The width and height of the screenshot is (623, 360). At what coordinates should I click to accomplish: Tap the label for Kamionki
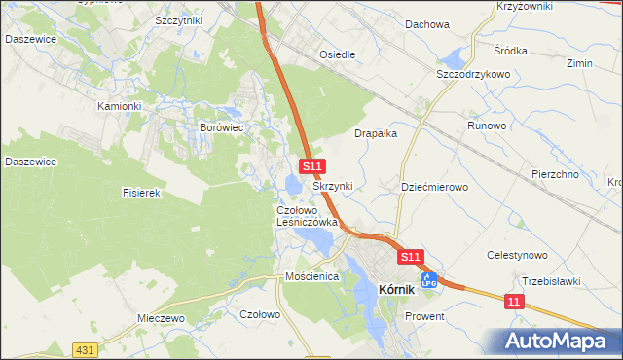[120, 106]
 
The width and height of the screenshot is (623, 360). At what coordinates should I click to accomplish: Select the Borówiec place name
[221, 127]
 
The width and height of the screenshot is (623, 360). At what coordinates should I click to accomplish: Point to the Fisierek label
[140, 193]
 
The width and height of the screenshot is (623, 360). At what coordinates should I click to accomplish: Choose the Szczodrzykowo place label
[474, 74]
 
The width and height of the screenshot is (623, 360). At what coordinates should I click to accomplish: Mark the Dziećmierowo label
[435, 186]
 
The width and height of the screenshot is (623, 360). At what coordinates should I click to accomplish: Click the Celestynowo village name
[518, 255]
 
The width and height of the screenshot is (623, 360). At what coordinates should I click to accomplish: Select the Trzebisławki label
[551, 281]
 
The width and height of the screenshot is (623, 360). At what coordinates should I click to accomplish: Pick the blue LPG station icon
[427, 280]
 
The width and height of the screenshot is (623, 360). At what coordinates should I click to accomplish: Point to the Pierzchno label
[555, 174]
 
